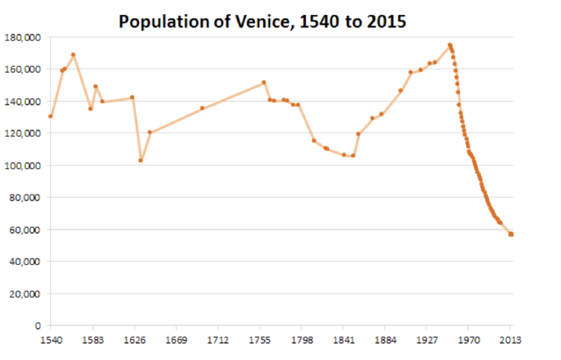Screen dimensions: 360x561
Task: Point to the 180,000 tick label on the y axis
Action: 24,37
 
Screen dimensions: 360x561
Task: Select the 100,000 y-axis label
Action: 24,165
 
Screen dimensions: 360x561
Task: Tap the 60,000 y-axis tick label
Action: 26,230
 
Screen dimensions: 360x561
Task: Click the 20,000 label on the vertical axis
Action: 26,294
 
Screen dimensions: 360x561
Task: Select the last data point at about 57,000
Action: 511,234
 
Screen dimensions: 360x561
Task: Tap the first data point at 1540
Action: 51,116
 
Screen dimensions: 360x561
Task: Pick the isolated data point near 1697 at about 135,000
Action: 202,108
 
